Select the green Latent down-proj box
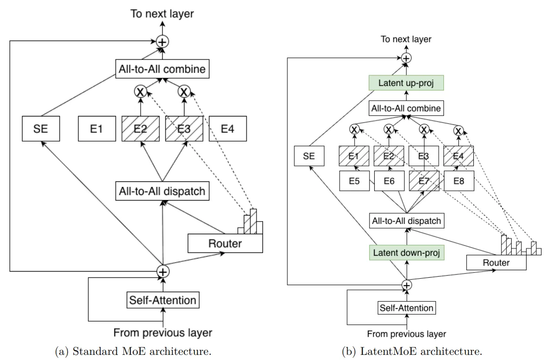pos(406,253)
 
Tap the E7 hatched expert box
pos(424,180)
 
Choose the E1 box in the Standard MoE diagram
pos(96,129)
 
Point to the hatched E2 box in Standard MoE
pos(139,129)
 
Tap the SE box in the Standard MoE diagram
pos(42,129)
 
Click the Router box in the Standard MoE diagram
pos(225,243)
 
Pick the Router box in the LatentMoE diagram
pos(496,263)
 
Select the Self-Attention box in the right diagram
pos(406,308)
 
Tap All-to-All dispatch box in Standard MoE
pos(162,190)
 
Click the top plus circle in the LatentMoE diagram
pos(406,58)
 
